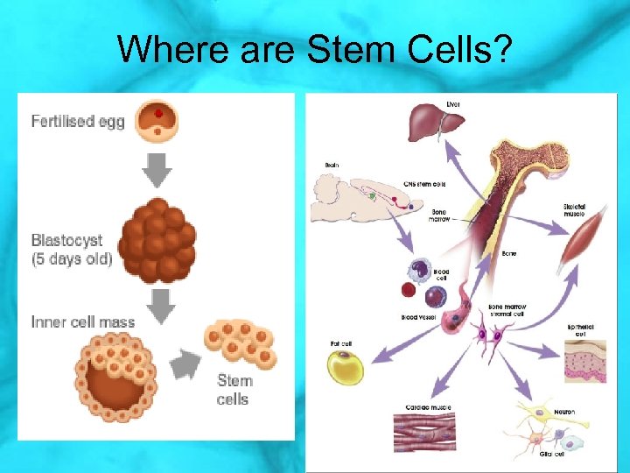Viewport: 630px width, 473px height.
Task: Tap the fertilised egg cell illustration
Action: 157,120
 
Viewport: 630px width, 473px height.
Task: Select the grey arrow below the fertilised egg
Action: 157,170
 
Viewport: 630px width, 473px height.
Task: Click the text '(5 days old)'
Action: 72,259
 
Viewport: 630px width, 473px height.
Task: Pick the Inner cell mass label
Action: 83,321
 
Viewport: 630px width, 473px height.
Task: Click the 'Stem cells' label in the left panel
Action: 234,390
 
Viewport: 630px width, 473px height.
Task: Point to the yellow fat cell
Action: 350,367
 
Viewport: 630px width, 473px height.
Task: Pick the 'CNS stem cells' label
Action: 425,184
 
